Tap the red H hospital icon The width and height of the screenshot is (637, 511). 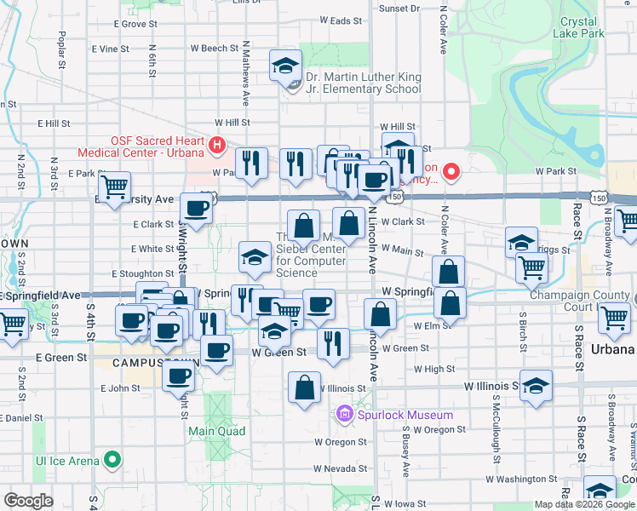tap(216, 146)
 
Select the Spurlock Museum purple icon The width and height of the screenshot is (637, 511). tap(345, 415)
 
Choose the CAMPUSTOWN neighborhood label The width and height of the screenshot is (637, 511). tap(157, 362)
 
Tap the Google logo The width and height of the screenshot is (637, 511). tap(28, 501)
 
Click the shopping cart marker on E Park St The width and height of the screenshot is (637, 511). tap(113, 186)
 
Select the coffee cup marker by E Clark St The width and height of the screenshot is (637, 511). tap(196, 209)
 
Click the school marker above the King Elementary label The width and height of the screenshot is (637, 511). tap(285, 65)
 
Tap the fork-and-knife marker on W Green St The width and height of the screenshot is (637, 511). tap(332, 342)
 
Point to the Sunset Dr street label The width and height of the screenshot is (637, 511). tap(399, 9)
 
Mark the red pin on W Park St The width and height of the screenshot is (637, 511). tap(449, 173)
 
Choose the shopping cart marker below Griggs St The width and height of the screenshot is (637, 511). tap(531, 267)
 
